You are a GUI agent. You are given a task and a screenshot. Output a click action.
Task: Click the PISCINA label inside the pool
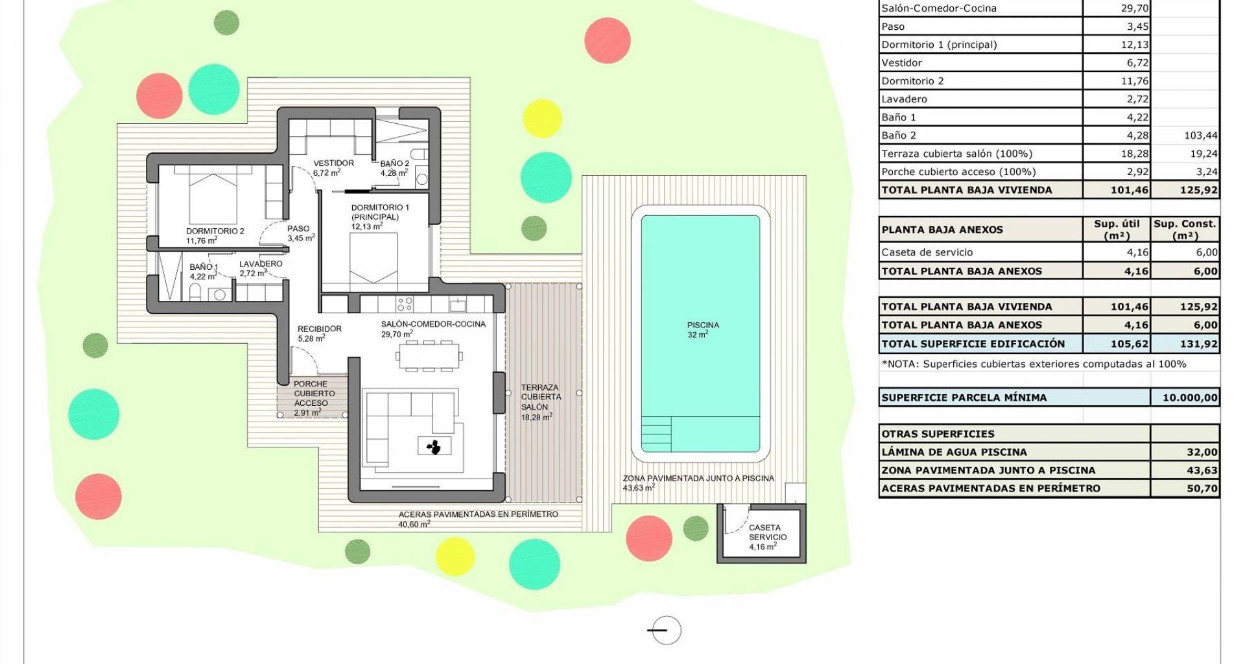click(703, 325)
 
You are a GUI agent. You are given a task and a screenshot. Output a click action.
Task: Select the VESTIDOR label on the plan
click(334, 163)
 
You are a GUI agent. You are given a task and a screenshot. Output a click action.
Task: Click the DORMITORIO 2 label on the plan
click(215, 231)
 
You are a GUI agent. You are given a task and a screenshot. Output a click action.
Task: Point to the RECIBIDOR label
click(320, 329)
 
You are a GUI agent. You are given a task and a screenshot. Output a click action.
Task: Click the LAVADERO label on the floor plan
click(261, 264)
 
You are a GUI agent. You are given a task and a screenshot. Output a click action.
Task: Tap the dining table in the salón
click(429, 355)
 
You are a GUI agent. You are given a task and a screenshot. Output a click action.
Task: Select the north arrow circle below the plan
click(666, 630)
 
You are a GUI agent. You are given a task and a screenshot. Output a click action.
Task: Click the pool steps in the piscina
click(656, 433)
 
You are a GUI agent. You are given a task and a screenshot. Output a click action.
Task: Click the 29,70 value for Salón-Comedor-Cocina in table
click(1134, 8)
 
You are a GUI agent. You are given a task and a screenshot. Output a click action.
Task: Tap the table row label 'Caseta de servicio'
click(927, 252)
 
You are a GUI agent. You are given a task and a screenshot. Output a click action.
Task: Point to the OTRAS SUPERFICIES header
click(938, 434)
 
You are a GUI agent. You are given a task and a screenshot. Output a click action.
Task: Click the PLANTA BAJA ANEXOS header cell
click(942, 230)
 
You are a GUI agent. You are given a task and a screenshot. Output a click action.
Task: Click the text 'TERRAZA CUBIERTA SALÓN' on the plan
click(541, 397)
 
